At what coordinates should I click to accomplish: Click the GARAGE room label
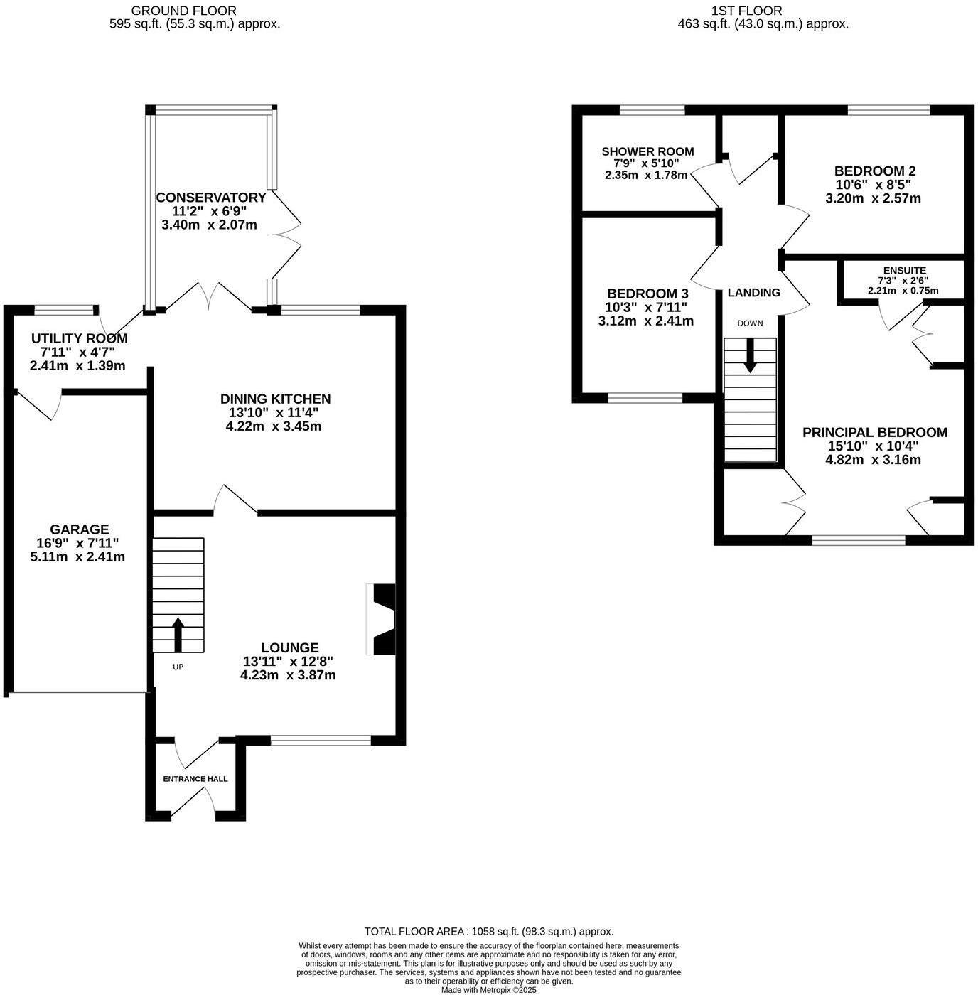click(79, 529)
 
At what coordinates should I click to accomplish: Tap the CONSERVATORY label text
click(211, 198)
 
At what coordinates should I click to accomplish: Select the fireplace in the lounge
click(382, 619)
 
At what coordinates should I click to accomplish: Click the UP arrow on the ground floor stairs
click(178, 635)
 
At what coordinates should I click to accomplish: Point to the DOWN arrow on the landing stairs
click(750, 355)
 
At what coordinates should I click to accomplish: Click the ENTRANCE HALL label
click(195, 779)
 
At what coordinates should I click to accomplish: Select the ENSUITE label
click(904, 271)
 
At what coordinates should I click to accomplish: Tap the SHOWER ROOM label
click(647, 151)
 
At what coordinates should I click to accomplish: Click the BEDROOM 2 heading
click(874, 171)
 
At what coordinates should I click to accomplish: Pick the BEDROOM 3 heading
click(647, 294)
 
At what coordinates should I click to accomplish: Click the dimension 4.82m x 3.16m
click(873, 460)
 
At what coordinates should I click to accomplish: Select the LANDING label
click(753, 292)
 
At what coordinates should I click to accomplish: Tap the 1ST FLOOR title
click(746, 11)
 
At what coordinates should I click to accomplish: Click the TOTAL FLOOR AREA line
click(489, 931)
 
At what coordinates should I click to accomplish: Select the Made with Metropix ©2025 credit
click(489, 989)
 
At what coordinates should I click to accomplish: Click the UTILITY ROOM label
click(79, 338)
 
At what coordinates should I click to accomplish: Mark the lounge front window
click(321, 741)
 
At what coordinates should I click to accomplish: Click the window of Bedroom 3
click(645, 398)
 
